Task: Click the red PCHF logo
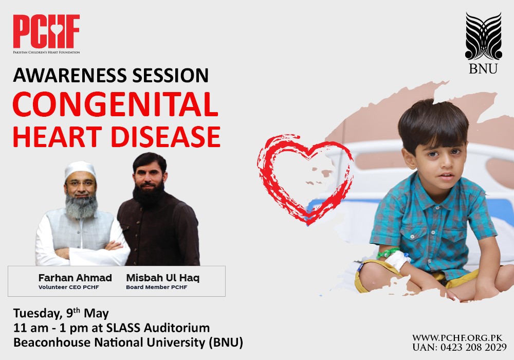click(x=46, y=31)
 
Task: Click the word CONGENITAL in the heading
click(x=116, y=105)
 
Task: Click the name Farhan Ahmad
click(x=75, y=278)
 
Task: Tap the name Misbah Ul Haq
click(x=162, y=278)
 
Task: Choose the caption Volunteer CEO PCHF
click(x=68, y=287)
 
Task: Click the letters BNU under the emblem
click(x=483, y=68)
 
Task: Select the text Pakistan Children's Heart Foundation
click(x=46, y=52)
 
